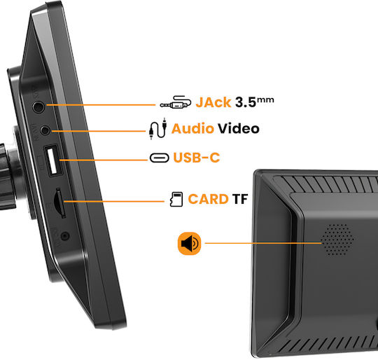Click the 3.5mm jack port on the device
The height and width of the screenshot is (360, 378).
click(x=38, y=106)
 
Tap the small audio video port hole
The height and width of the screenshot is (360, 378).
click(x=45, y=130)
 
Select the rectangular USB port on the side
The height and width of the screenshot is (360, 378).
click(x=52, y=160)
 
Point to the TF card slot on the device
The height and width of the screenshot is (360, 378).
click(x=59, y=202)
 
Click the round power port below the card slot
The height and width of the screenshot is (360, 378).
click(x=65, y=235)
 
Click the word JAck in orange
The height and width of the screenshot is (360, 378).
click(x=213, y=102)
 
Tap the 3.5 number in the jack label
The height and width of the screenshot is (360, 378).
click(x=246, y=102)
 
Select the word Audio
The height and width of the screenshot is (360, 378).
click(x=192, y=128)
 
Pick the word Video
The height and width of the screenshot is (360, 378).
click(x=239, y=128)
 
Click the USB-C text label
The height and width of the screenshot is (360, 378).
click(x=197, y=158)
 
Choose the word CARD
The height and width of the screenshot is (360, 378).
click(x=208, y=199)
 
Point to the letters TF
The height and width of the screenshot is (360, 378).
click(x=240, y=199)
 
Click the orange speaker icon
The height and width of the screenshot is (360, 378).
click(x=190, y=244)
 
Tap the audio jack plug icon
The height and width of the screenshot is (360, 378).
click(x=176, y=102)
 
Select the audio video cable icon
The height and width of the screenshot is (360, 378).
click(x=158, y=129)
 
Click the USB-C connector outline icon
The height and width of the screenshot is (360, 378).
click(x=160, y=158)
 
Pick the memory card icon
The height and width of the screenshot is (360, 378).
click(x=176, y=200)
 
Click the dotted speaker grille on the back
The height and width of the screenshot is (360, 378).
click(x=337, y=240)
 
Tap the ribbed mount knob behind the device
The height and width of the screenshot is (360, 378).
click(x=7, y=176)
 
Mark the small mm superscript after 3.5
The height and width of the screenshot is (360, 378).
click(x=265, y=100)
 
